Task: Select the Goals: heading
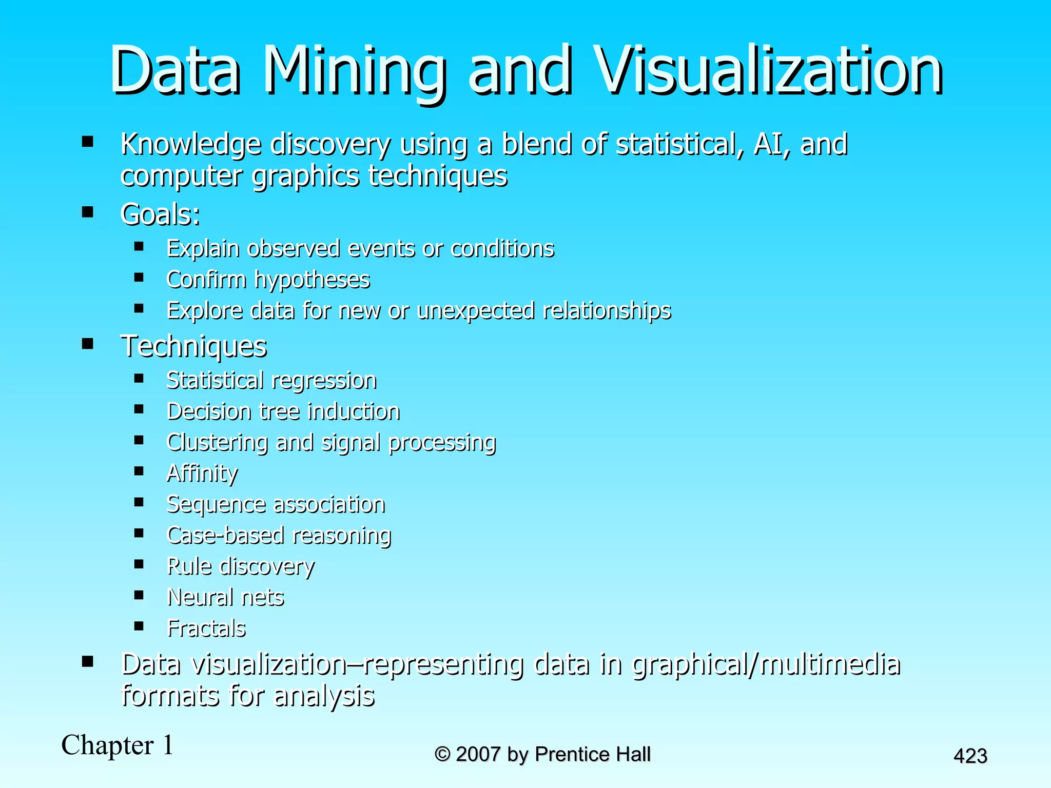tap(160, 214)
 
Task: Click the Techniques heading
tap(193, 346)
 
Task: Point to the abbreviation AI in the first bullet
tap(766, 144)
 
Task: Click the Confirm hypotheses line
tap(268, 280)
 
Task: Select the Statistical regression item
tap(271, 381)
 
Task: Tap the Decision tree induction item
tap(283, 411)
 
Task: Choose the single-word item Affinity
tap(202, 473)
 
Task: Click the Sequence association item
tap(276, 504)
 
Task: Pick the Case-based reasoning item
tap(279, 535)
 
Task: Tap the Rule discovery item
tap(241, 566)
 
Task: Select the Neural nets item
tap(226, 597)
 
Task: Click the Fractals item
tap(206, 628)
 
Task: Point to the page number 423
tap(970, 756)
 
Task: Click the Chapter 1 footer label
tap(118, 745)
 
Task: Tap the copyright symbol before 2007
tap(442, 754)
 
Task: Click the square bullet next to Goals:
tap(88, 212)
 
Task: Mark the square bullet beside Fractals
tap(139, 626)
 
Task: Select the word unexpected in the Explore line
tap(476, 311)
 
